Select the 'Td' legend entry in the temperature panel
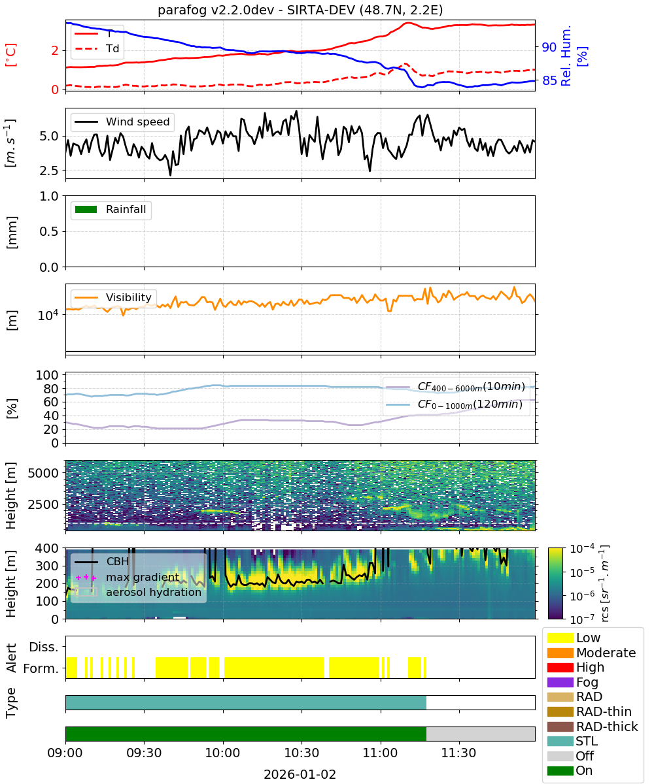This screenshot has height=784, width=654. pos(97,48)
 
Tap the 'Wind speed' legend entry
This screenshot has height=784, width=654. pos(122,122)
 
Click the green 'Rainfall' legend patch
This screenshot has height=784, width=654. pos(86,209)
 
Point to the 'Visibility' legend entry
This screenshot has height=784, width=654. pos(112,297)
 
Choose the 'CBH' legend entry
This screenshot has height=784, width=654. pos(102,561)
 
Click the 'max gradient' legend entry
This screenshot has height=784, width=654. pos(128,577)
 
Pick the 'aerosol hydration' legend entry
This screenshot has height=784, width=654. pos(138,592)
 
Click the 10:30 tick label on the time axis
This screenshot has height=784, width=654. pos(301,753)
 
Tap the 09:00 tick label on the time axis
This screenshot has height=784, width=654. pos(65,753)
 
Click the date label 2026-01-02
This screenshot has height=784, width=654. pos(300,774)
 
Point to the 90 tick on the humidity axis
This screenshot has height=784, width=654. pos(549,47)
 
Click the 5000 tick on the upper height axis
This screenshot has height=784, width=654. pos(43,473)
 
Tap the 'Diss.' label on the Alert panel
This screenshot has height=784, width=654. pos(44,647)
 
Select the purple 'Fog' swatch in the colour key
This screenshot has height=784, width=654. pos(560,682)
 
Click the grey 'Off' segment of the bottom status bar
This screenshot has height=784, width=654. pos(481,734)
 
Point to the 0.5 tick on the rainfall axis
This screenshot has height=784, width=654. pos(49,232)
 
